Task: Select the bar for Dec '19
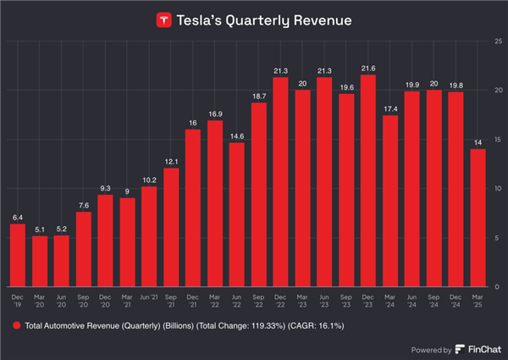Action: (18, 255)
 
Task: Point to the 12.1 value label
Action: (171, 161)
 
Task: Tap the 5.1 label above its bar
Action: (40, 229)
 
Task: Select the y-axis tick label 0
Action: (497, 287)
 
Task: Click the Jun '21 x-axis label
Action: (149, 297)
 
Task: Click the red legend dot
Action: (16, 326)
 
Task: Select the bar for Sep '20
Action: (84, 249)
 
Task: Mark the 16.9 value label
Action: (215, 114)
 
